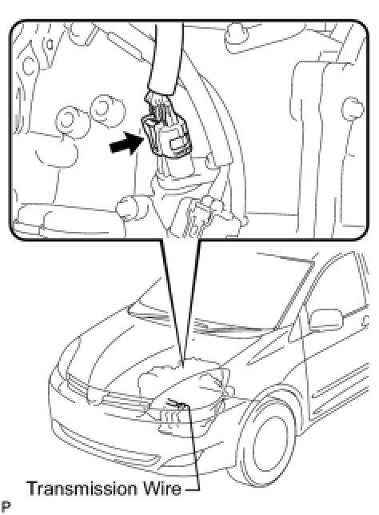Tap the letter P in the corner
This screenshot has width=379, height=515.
click(x=5, y=508)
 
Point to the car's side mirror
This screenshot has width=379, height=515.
click(x=325, y=318)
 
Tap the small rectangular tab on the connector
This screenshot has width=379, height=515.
click(x=178, y=143)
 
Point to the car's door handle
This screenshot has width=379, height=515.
click(x=366, y=320)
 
